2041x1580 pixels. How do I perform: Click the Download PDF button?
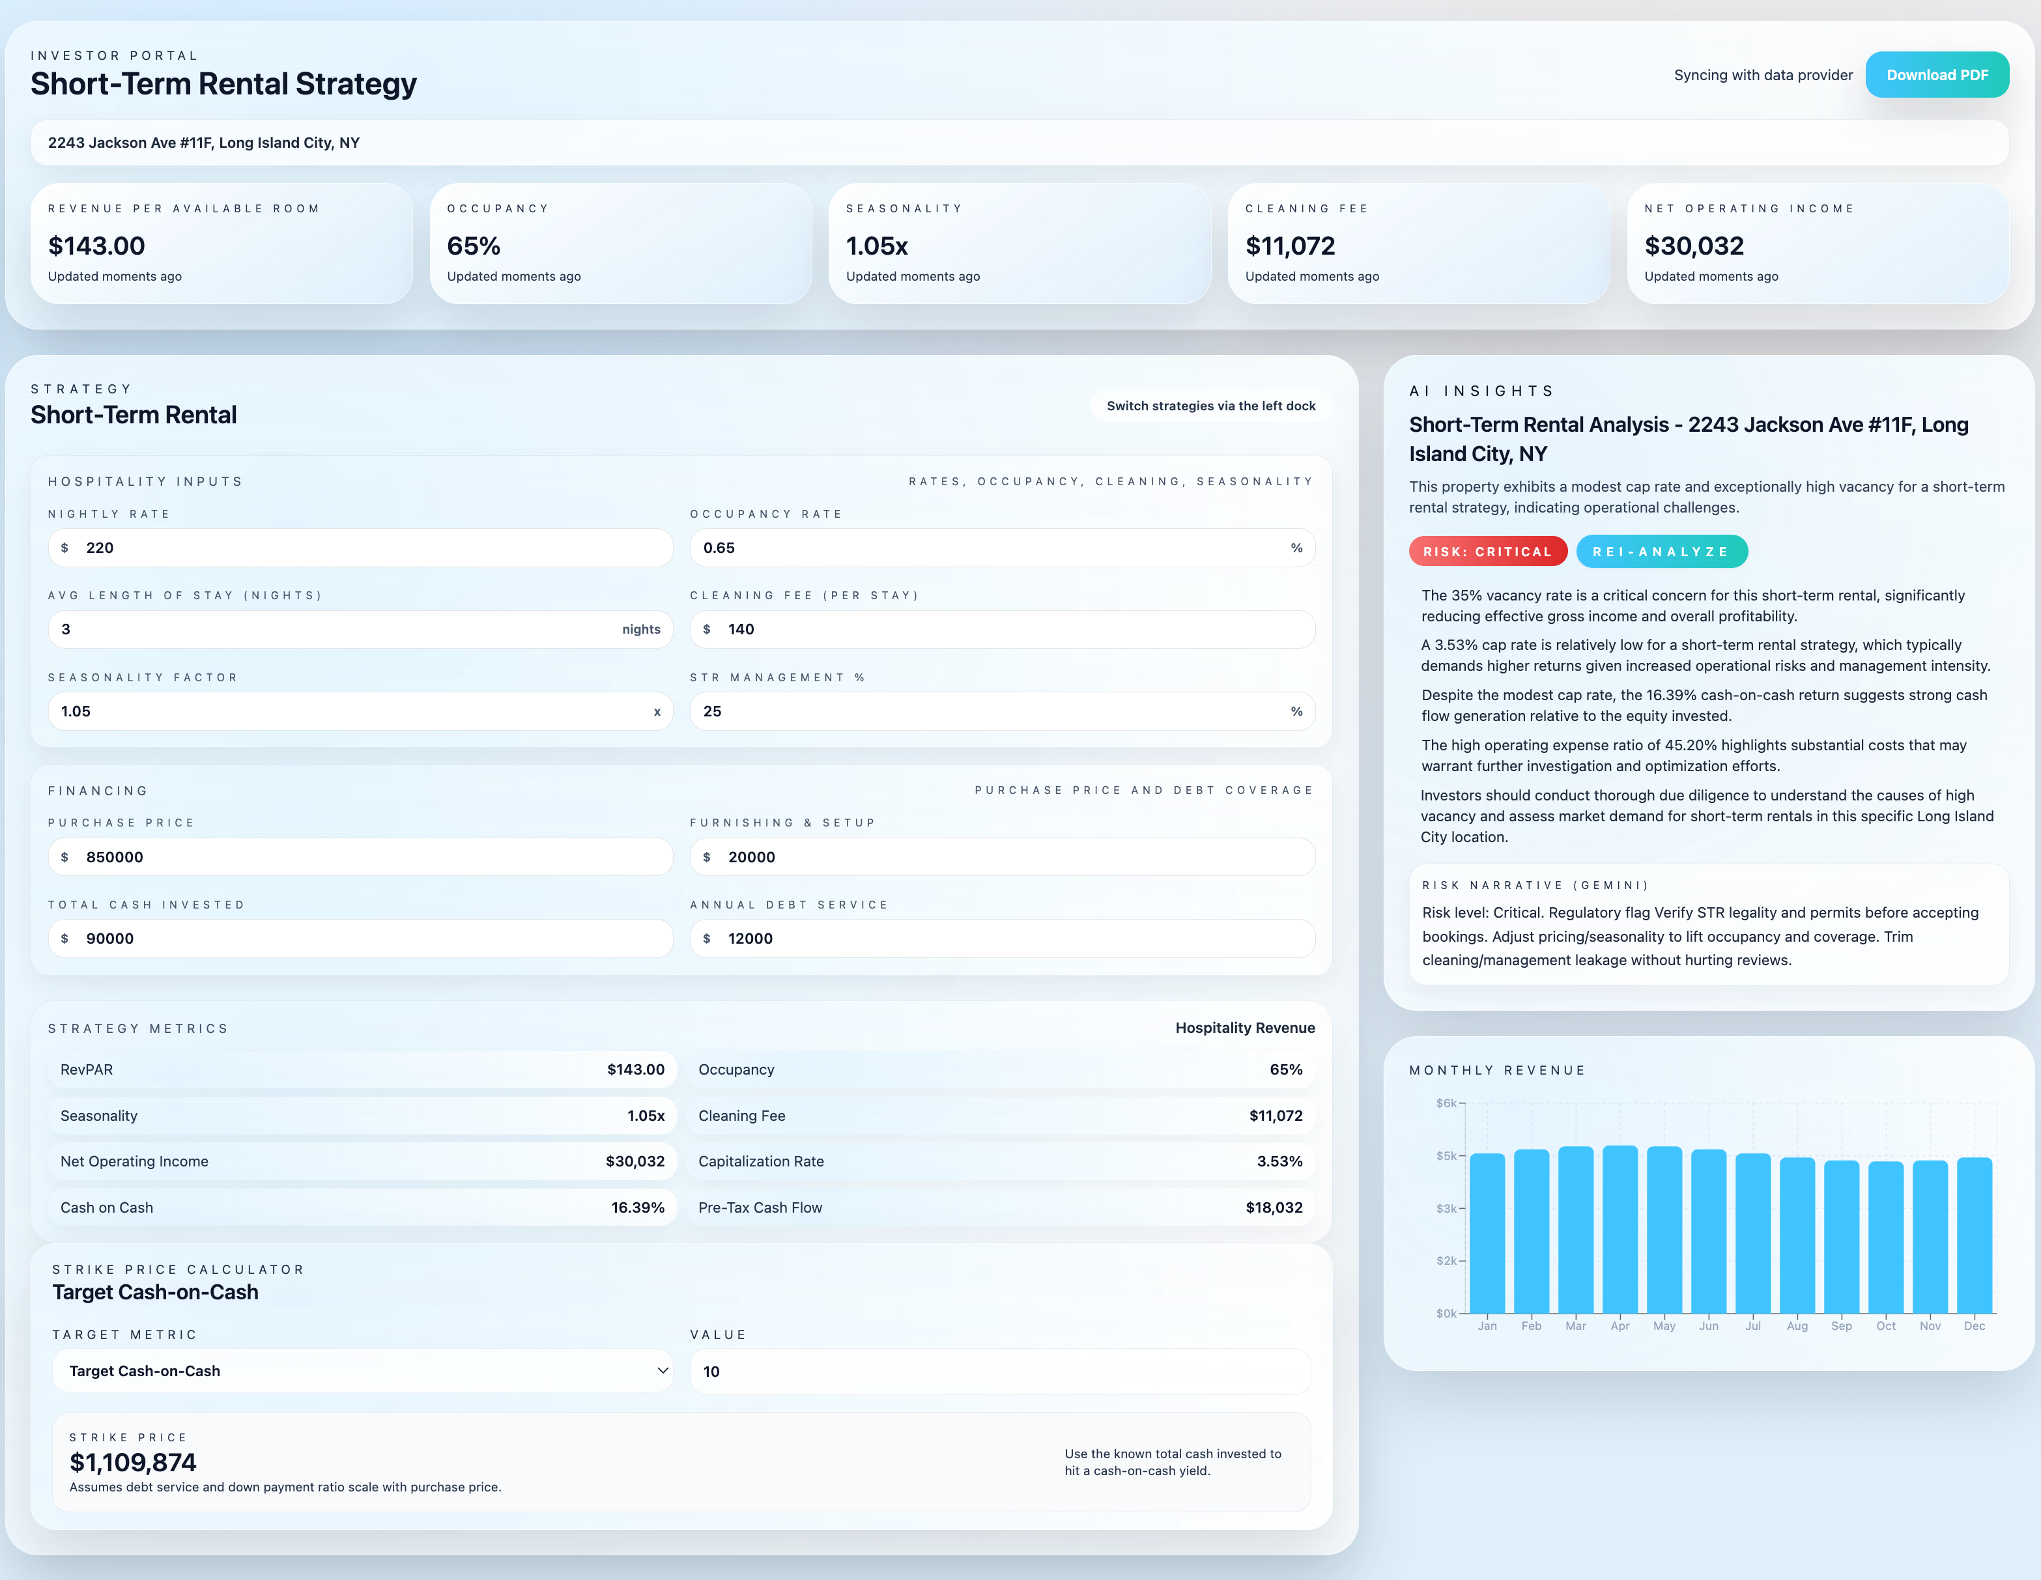[x=1936, y=75]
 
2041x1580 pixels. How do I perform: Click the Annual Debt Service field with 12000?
[x=1002, y=938]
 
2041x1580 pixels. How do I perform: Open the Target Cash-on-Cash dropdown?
[x=362, y=1371]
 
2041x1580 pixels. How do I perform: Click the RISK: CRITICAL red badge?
[x=1487, y=551]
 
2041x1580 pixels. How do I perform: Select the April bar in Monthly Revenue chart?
[x=1620, y=1229]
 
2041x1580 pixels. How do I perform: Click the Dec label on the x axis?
[x=1974, y=1326]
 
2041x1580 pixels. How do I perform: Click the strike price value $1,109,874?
[x=133, y=1462]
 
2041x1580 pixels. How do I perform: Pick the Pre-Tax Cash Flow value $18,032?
[x=1273, y=1207]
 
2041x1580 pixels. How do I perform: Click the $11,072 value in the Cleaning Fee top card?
[x=1290, y=246]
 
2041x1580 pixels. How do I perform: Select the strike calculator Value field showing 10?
[x=1000, y=1371]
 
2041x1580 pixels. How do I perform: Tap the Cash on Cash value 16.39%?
[x=637, y=1207]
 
